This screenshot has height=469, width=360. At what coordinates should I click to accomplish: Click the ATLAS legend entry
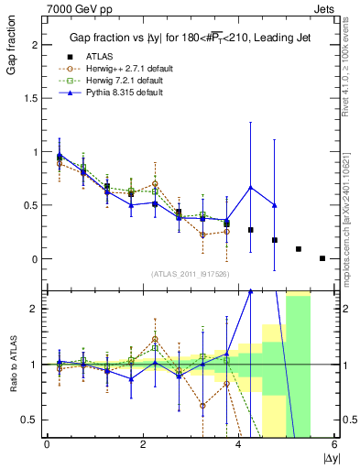tap(99, 57)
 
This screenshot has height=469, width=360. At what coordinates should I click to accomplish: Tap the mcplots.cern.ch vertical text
tap(351, 202)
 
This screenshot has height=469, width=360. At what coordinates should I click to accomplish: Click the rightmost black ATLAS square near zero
tap(322, 258)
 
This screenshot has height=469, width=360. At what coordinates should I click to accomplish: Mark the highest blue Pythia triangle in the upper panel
tap(250, 188)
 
